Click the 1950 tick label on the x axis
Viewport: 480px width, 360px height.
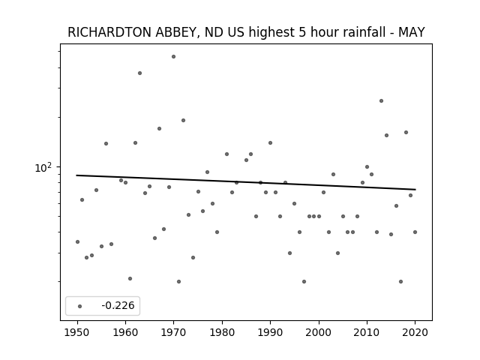point(77,332)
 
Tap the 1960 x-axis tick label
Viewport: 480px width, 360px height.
point(125,332)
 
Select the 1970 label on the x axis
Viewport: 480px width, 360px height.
point(173,332)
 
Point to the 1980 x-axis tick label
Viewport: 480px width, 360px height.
point(222,332)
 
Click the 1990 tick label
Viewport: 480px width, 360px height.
point(270,332)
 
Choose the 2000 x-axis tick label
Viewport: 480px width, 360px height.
point(319,332)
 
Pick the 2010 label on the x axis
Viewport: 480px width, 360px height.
point(367,332)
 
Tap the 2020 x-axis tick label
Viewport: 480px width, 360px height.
point(415,332)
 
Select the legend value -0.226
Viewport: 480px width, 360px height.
point(118,305)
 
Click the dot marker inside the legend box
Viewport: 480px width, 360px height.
point(80,306)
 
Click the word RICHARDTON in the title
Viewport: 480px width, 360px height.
point(109,32)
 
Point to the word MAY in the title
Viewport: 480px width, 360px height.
point(412,32)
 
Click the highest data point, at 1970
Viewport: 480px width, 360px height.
point(173,57)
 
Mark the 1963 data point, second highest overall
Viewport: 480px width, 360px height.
point(140,73)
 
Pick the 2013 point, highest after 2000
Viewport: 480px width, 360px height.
point(381,100)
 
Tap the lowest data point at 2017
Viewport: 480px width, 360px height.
point(400,282)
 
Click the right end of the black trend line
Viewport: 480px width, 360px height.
point(415,190)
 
